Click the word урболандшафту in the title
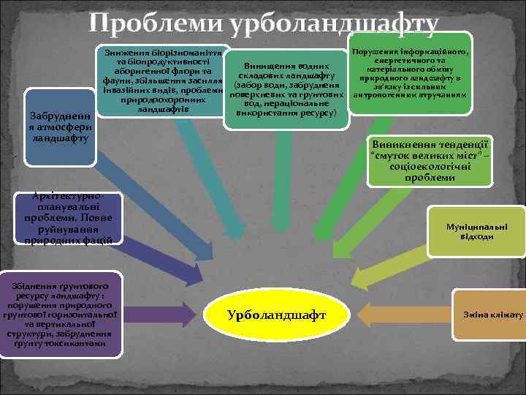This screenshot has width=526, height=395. [335, 23]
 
